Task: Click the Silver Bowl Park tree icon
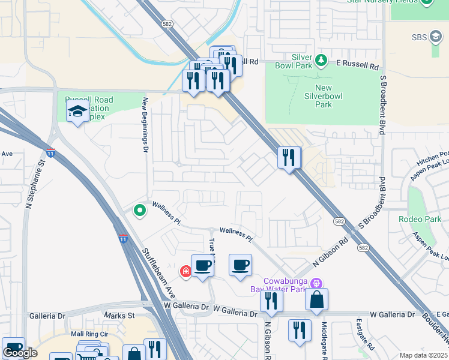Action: point(321,60)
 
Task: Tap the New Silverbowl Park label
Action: point(324,97)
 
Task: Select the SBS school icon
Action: point(436,38)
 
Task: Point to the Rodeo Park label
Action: point(420,219)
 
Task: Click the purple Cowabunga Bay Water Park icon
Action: point(318,283)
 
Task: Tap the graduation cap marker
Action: point(78,112)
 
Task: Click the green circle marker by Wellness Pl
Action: point(140,210)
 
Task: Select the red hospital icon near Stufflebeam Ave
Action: point(186,272)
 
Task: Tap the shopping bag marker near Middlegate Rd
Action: point(316,299)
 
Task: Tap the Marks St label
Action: point(119,315)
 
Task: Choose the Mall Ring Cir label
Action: point(88,334)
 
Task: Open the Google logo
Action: point(20,353)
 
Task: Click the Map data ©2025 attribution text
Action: point(423,355)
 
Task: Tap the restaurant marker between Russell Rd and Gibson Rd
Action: point(289,158)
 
